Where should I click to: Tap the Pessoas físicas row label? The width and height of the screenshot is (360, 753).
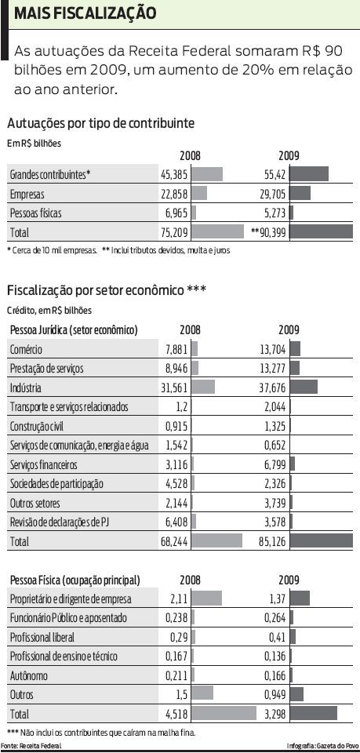coord(35,213)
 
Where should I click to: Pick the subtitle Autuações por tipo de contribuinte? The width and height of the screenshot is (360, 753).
coord(100,123)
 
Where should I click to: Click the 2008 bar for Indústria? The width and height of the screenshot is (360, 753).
coord(203,387)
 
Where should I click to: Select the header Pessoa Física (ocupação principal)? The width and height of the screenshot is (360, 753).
coord(75,580)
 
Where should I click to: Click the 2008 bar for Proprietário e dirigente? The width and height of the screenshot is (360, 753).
coord(207,598)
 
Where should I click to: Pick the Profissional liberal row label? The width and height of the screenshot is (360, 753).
coord(42,637)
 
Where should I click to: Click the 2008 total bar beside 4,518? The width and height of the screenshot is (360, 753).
coord(224,714)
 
